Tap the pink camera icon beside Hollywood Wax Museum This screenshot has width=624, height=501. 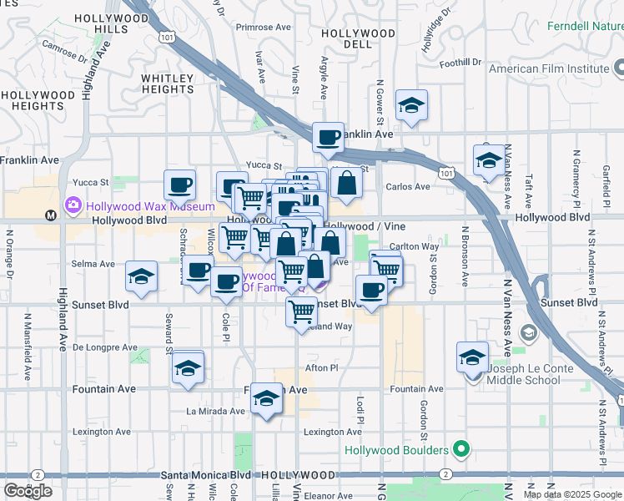[74, 205]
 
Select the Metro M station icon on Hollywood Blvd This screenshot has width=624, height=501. [51, 215]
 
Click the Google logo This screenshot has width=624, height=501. [28, 491]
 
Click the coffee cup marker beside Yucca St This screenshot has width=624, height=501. [180, 185]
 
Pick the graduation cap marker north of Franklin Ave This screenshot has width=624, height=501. [411, 105]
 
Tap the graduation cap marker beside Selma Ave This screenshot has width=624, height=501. [142, 276]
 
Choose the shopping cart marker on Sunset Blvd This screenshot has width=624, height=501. [301, 312]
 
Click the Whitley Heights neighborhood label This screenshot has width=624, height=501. [167, 83]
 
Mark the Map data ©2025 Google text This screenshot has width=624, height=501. [572, 494]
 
